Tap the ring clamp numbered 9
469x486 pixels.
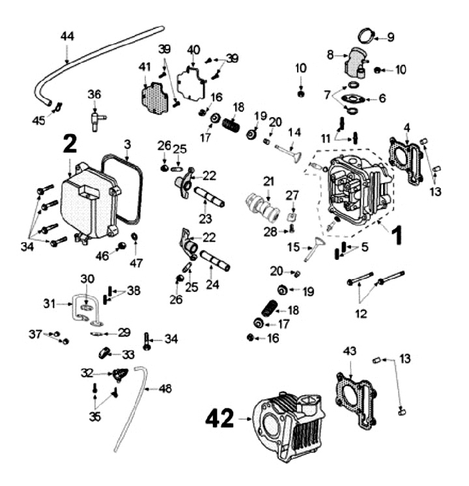369,36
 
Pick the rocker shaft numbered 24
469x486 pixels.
215,259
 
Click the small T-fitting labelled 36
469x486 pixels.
95,119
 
